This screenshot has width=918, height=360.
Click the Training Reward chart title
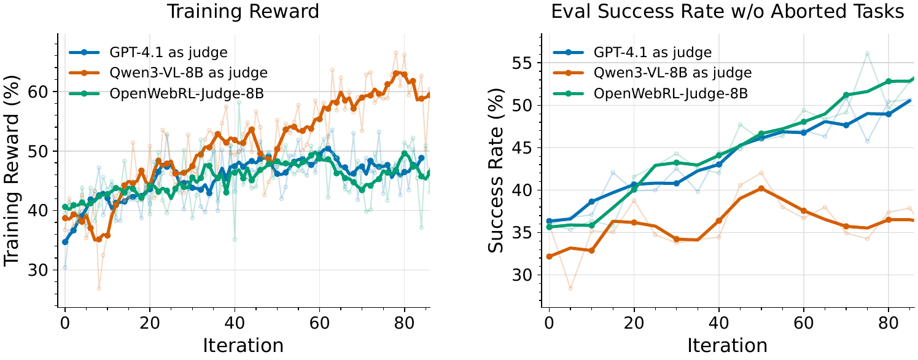click(x=243, y=12)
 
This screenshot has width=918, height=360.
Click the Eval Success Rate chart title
click(x=728, y=12)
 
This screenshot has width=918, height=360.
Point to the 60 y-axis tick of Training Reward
click(x=37, y=92)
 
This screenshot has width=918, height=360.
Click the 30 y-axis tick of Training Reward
click(x=37, y=270)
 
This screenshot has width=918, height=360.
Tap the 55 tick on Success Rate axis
click(x=522, y=63)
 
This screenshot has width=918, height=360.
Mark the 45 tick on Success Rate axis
click(x=522, y=148)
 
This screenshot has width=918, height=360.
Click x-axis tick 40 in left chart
click(x=235, y=323)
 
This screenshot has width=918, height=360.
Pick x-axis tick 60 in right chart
click(x=803, y=323)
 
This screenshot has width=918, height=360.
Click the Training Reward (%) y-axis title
click(x=12, y=171)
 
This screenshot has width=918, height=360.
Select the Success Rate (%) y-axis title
click(x=496, y=171)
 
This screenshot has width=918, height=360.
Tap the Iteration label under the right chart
click(x=728, y=346)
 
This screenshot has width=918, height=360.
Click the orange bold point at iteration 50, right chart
click(x=761, y=189)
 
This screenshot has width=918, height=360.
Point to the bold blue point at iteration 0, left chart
click(x=64, y=242)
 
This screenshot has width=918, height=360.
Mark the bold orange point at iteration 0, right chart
click(x=549, y=257)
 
